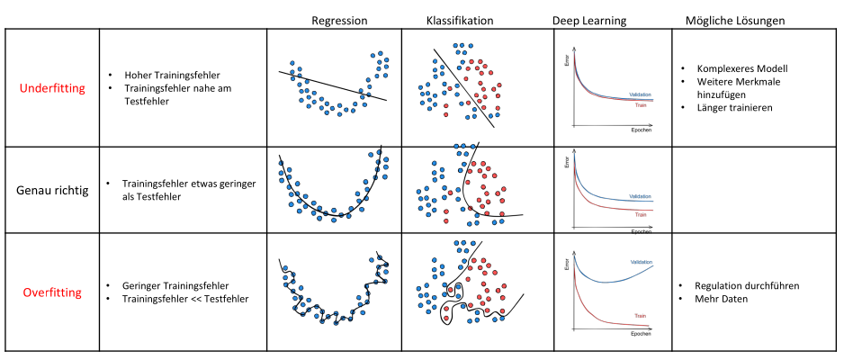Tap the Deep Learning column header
[588, 20]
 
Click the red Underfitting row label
[51, 88]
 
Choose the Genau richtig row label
[51, 191]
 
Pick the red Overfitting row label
[51, 292]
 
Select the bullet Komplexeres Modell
[735, 68]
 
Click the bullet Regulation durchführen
[748, 285]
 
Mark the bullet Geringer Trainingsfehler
[171, 284]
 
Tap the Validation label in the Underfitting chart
[642, 94]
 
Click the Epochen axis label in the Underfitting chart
[640, 130]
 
